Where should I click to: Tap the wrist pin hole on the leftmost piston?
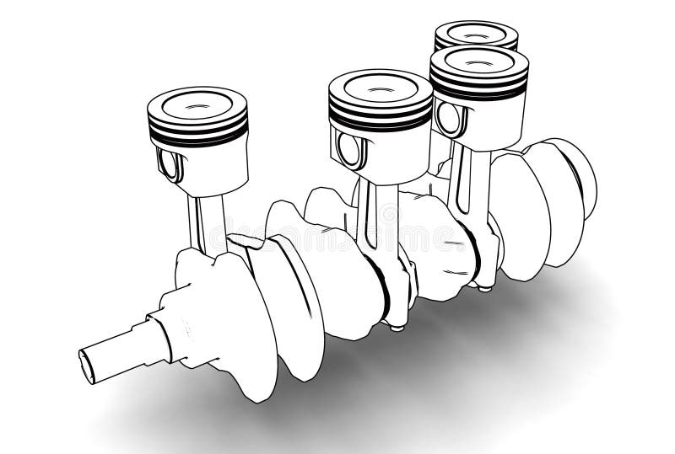(x=170, y=163)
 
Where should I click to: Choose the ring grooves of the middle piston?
(x=380, y=118)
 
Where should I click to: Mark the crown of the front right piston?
(x=480, y=62)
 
